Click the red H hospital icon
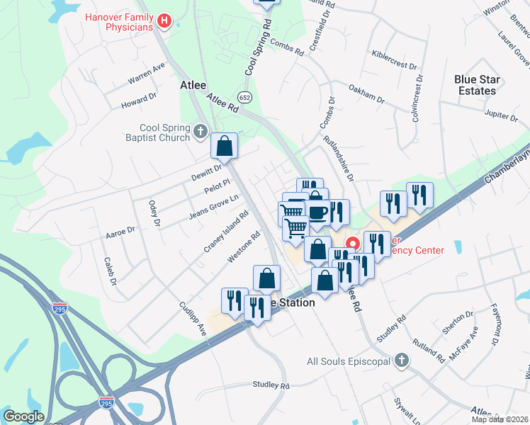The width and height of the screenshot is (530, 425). (165, 22)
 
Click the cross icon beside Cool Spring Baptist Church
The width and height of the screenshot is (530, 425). (201, 131)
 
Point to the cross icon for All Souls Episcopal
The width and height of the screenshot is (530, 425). (402, 361)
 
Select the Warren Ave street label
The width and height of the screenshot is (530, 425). (146, 72)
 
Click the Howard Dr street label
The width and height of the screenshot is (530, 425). (138, 101)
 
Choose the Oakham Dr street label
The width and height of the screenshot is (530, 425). (366, 93)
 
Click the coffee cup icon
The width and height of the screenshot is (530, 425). (317, 211)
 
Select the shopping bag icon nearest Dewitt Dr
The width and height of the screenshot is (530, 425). (224, 147)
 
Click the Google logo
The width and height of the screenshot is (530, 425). (23, 416)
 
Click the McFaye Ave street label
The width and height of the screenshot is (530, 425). (461, 343)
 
